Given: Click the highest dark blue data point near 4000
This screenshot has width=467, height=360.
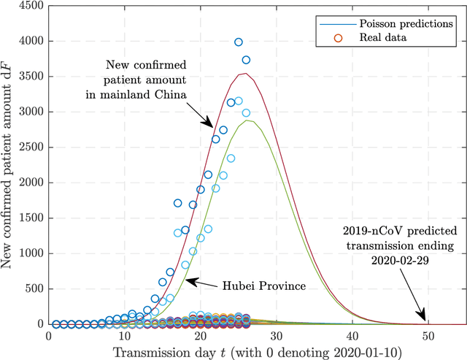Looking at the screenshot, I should (x=238, y=42).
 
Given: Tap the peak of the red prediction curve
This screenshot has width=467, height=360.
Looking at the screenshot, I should (x=247, y=73).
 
